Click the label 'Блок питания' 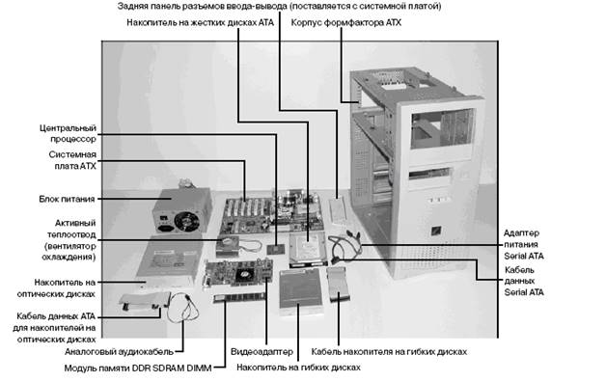tap(67, 199)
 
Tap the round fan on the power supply tap(186, 221)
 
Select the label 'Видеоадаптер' tap(262, 352)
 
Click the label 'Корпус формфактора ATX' tap(345, 22)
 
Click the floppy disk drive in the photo tap(301, 290)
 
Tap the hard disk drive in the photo tap(308, 249)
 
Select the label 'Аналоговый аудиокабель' tap(119, 352)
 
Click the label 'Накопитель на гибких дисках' tap(298, 368)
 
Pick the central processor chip tap(276, 249)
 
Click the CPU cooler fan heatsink tap(228, 246)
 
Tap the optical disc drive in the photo tap(170, 261)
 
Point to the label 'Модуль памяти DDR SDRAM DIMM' tap(138, 368)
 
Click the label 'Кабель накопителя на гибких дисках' tap(389, 352)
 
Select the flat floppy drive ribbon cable tap(338, 284)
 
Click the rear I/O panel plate tap(338, 211)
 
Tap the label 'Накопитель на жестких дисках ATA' tap(200, 22)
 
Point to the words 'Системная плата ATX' tap(72, 160)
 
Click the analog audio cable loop tap(183, 308)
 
